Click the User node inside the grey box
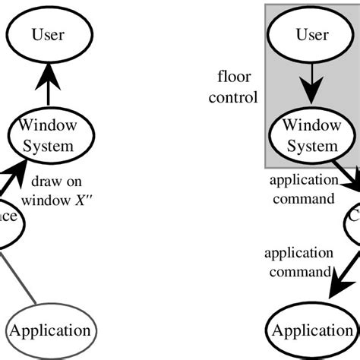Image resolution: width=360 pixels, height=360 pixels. click(x=312, y=34)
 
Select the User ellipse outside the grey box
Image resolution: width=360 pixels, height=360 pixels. click(x=48, y=34)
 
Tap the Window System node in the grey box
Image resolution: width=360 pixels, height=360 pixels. click(x=312, y=134)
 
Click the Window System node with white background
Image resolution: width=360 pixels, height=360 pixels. click(x=48, y=134)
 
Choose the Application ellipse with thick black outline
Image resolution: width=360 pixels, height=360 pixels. click(x=312, y=330)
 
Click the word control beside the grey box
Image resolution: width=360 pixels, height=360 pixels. click(x=235, y=96)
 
